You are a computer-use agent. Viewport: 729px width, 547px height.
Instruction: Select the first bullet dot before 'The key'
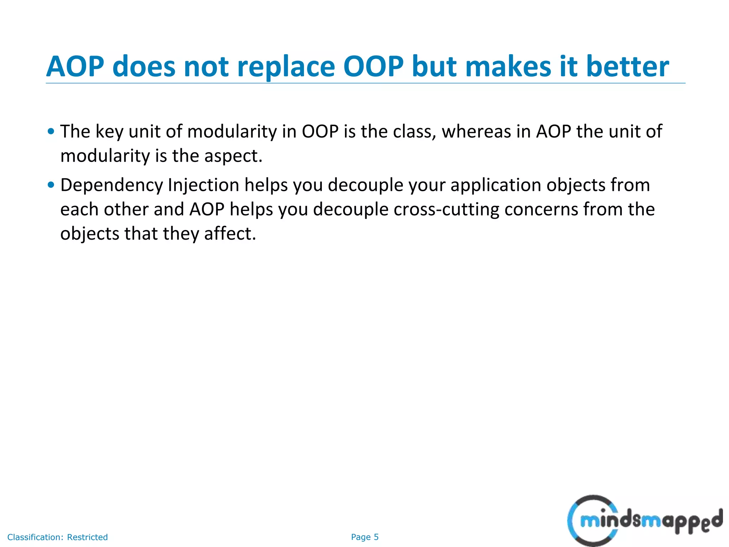coord(51,131)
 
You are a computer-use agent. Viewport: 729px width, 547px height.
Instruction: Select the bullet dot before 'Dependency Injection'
coord(51,185)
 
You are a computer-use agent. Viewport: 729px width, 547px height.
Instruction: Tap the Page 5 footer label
coord(364,537)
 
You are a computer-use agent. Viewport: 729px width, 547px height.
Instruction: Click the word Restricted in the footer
coord(87,537)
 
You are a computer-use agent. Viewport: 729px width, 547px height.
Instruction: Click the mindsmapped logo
coord(644,521)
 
